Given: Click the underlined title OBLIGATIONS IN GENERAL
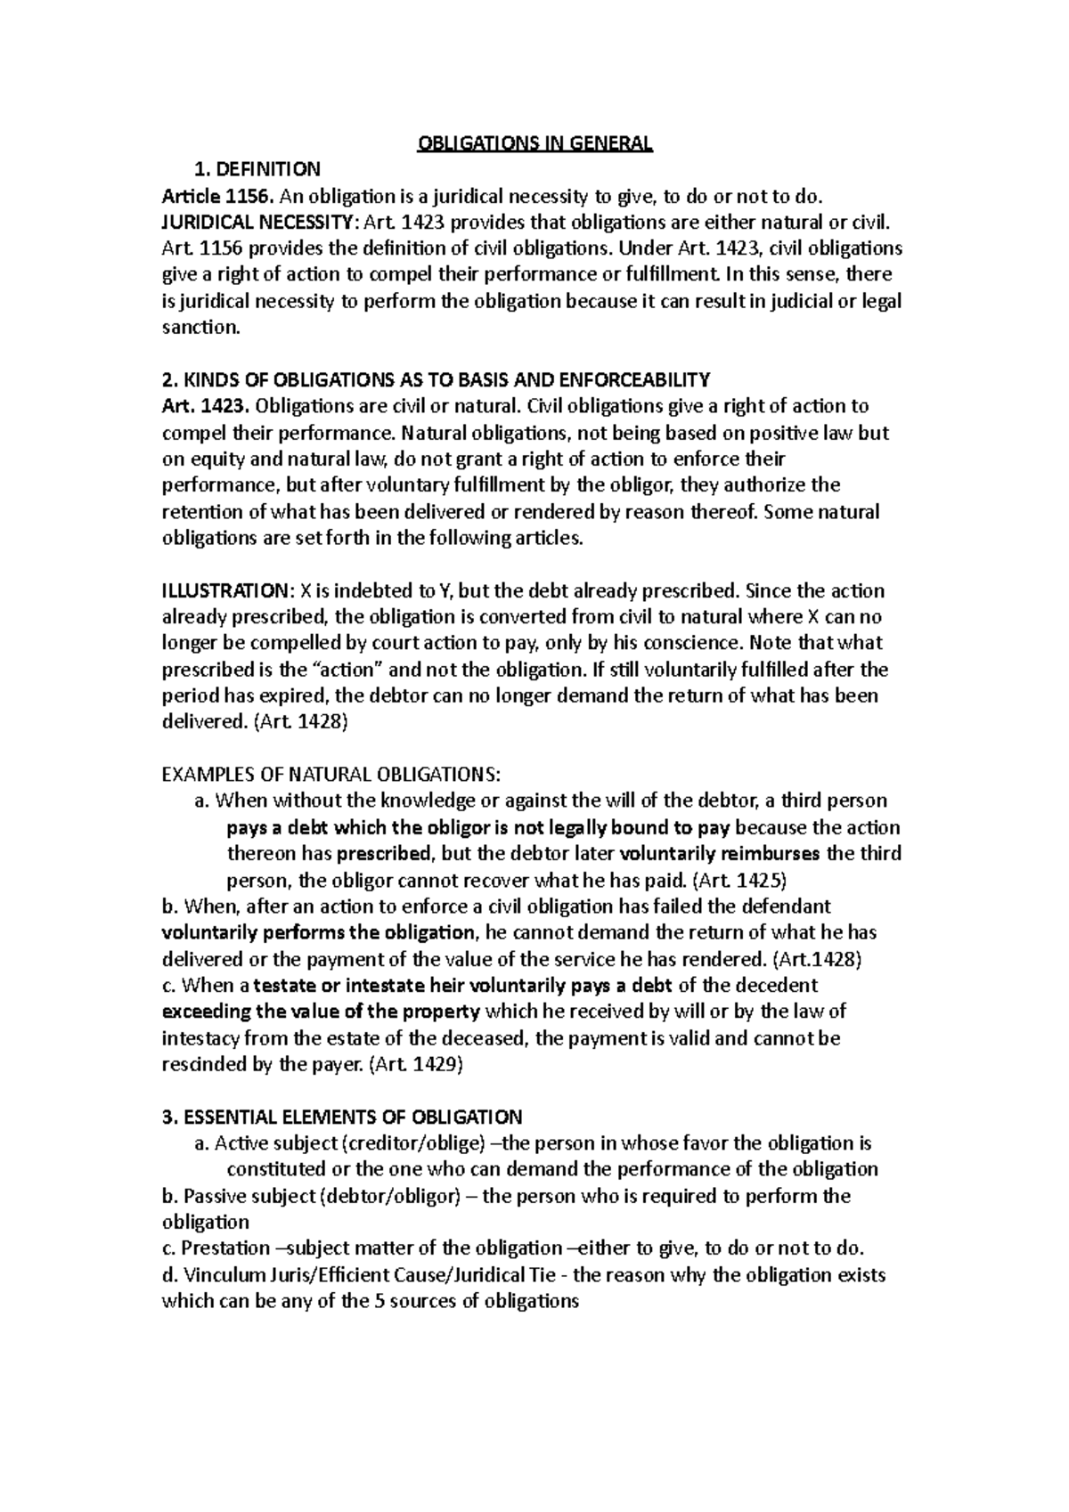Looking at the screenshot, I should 534,143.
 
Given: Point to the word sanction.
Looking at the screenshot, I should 200,328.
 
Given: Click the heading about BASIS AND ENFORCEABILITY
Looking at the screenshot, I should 436,380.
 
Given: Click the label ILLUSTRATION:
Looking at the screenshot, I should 225,591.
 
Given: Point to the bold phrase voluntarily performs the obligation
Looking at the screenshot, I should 319,932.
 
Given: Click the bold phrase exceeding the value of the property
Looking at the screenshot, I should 321,1012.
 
